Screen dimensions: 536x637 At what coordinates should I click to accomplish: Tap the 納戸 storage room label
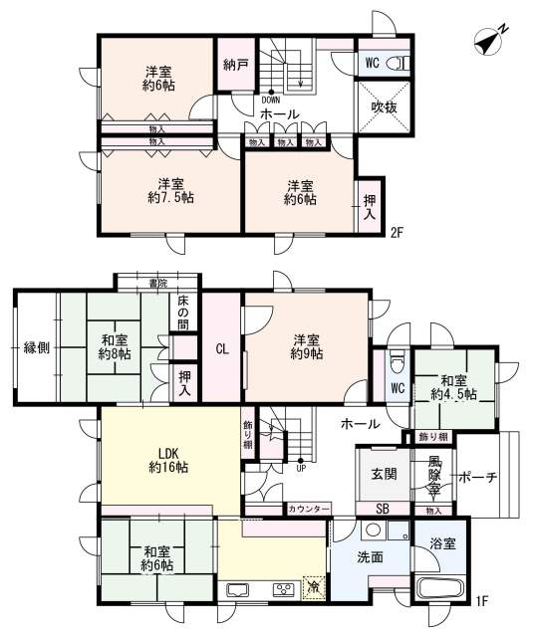235,64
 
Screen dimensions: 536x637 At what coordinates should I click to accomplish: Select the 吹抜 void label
384,107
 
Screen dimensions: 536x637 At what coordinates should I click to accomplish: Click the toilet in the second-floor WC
398,64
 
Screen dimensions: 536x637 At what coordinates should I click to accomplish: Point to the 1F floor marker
481,601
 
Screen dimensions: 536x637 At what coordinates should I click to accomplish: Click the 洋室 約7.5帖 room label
170,190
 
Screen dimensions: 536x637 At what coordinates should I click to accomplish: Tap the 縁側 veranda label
36,347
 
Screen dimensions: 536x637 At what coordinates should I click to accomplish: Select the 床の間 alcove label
183,312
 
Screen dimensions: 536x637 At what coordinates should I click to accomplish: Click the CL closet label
222,348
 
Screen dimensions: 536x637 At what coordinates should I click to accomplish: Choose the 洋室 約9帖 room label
307,346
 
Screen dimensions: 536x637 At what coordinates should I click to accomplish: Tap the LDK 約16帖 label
168,460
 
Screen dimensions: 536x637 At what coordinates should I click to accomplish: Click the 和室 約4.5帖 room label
454,387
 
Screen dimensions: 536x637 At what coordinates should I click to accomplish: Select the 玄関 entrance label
384,474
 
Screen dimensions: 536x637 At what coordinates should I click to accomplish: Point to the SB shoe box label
383,509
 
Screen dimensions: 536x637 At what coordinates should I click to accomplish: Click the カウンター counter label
308,509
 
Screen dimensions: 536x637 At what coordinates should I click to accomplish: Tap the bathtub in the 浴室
440,588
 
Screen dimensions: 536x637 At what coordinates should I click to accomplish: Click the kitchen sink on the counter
237,589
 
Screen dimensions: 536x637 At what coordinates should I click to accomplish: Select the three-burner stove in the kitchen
284,589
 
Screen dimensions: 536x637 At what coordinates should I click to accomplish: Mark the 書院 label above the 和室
157,283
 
